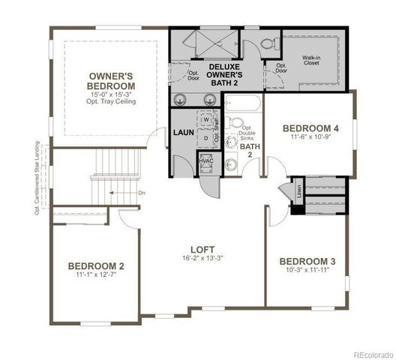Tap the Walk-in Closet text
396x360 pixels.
click(x=313, y=60)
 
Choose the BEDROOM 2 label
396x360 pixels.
click(x=96, y=265)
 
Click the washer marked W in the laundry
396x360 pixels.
click(x=205, y=119)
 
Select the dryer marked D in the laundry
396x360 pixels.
click(x=205, y=138)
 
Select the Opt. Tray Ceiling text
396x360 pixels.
click(x=111, y=101)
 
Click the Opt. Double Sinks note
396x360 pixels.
click(x=247, y=133)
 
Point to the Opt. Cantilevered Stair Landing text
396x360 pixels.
click(x=36, y=175)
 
